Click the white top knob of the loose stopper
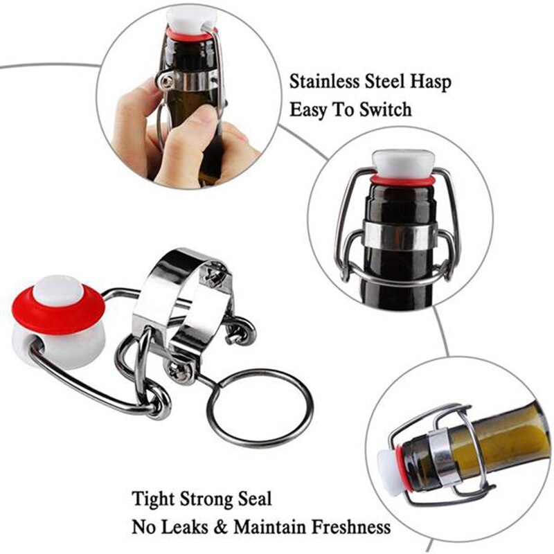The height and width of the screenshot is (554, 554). (58, 290)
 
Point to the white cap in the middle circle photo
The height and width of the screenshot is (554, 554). (402, 163)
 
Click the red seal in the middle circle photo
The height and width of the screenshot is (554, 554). (402, 181)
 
